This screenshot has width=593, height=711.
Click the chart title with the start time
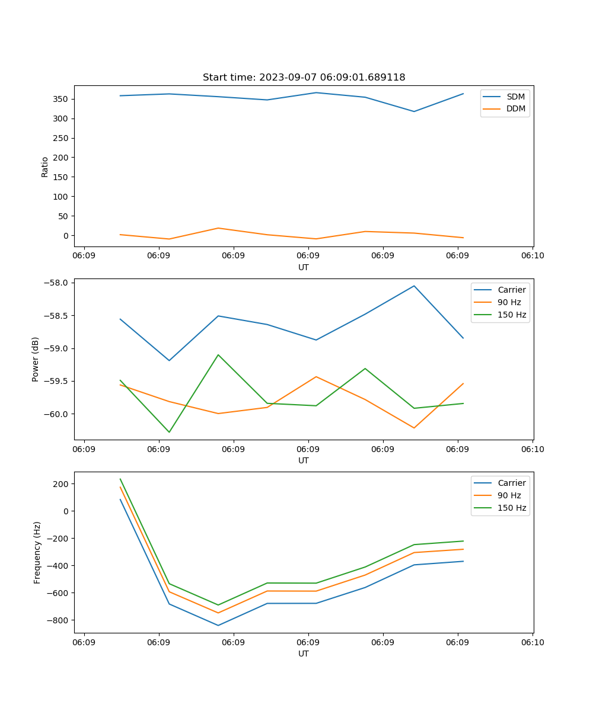pyautogui.click(x=304, y=78)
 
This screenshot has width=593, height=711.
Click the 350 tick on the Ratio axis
pyautogui.click(x=61, y=99)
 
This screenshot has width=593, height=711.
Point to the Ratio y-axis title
pyautogui.click(x=45, y=167)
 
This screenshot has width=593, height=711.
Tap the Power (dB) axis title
pyautogui.click(x=36, y=359)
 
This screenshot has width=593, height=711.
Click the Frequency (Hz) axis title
pyautogui.click(x=37, y=552)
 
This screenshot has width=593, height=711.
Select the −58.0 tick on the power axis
pyautogui.click(x=58, y=283)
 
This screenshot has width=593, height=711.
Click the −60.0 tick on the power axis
pyautogui.click(x=58, y=414)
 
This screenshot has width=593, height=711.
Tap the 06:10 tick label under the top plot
pyautogui.click(x=532, y=255)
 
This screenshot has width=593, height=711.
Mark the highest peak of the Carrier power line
pyautogui.click(x=414, y=286)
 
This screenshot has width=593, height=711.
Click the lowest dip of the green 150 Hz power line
pyautogui.click(x=169, y=432)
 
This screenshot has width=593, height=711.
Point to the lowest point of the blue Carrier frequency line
pyautogui.click(x=218, y=625)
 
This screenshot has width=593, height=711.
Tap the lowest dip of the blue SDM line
pyautogui.click(x=414, y=111)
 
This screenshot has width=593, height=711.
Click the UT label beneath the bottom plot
pyautogui.click(x=304, y=654)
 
